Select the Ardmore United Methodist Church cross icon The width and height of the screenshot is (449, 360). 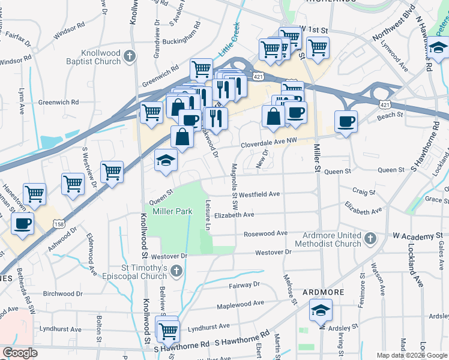[371, 239]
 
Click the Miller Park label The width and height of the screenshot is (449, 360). [172, 212]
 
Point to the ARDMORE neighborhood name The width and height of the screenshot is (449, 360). [323, 292]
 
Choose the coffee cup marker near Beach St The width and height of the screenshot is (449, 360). [346, 121]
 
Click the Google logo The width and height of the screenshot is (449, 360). [19, 353]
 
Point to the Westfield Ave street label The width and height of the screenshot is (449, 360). [259, 194]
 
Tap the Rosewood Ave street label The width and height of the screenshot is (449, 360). [265, 233]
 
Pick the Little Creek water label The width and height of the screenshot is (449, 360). [229, 40]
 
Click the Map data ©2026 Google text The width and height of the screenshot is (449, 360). [411, 355]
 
